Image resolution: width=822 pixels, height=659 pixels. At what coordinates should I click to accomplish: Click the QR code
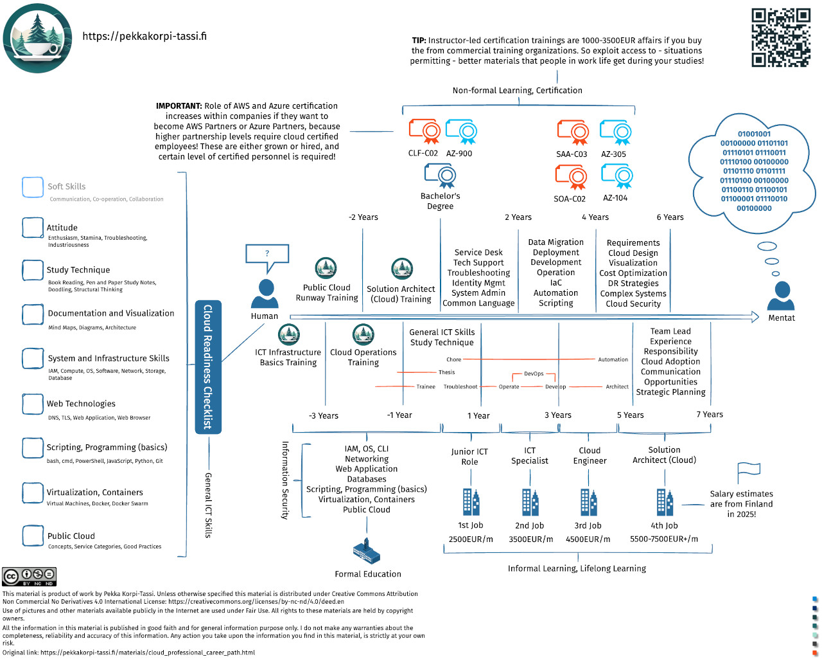(781, 37)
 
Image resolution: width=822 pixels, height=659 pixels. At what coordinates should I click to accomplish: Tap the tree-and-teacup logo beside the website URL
(37, 38)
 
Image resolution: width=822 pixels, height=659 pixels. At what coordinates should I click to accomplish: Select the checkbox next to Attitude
(33, 228)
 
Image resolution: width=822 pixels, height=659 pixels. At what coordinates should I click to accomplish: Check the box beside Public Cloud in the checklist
(33, 536)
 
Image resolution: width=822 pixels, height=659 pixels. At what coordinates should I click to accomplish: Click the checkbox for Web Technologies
(33, 404)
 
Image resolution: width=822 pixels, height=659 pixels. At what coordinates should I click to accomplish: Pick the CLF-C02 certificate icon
(424, 132)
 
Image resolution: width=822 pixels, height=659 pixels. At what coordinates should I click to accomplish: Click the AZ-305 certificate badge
(615, 132)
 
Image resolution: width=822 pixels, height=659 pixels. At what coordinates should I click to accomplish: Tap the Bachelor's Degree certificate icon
(440, 176)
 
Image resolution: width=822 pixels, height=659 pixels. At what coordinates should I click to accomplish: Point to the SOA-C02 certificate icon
(571, 177)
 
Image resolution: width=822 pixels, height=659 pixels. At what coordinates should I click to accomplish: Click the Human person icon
(265, 293)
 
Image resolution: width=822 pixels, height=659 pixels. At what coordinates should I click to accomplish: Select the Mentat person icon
(781, 296)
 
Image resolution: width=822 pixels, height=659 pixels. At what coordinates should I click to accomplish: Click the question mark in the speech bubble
(267, 253)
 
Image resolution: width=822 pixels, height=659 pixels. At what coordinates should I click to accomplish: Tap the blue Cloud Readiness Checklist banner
(208, 367)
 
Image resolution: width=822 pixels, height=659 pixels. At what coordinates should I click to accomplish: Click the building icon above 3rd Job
(588, 501)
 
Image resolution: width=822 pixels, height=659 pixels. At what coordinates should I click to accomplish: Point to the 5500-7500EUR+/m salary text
(664, 539)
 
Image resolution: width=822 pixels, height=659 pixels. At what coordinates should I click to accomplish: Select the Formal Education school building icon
(367, 551)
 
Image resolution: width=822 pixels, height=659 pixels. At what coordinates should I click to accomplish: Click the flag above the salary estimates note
(748, 473)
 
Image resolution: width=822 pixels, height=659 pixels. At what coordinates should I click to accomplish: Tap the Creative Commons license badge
(29, 577)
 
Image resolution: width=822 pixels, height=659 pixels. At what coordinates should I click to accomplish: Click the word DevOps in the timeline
(534, 374)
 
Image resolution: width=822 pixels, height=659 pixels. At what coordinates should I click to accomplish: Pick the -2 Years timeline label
(363, 217)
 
